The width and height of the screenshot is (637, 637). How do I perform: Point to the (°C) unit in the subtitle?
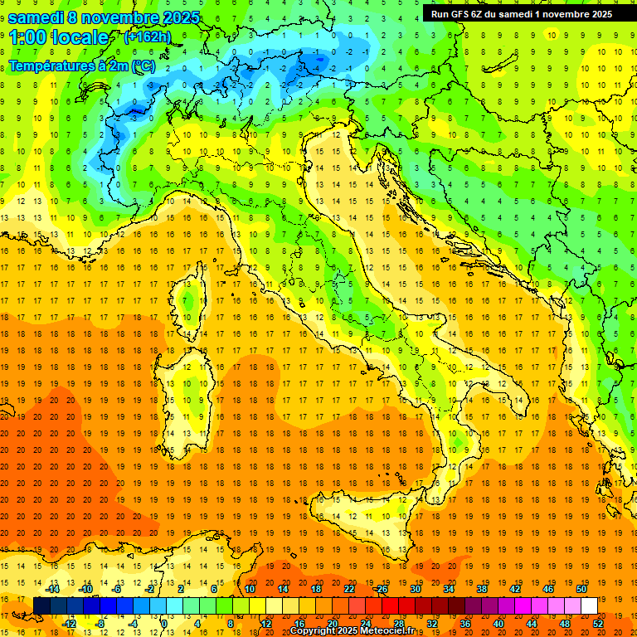[x=143, y=65]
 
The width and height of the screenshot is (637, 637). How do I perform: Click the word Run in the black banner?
[x=439, y=13]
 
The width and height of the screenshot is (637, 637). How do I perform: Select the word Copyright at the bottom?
[x=314, y=631]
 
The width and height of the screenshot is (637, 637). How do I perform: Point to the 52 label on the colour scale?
[x=599, y=624]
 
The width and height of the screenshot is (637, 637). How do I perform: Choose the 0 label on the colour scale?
[x=164, y=624]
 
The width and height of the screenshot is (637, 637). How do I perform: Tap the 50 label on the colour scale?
[x=581, y=588]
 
